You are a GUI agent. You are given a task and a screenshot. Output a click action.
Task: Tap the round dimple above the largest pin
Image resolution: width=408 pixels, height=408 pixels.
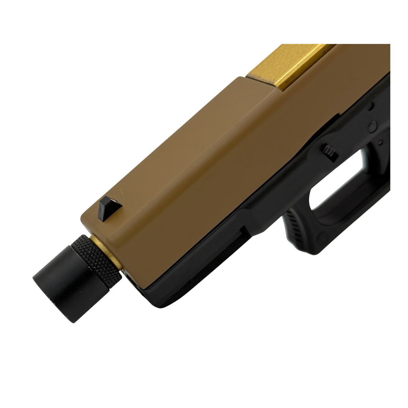tap(371, 106)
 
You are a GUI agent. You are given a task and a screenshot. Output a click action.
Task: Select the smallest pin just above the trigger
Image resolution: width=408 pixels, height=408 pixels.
tap(381, 141)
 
